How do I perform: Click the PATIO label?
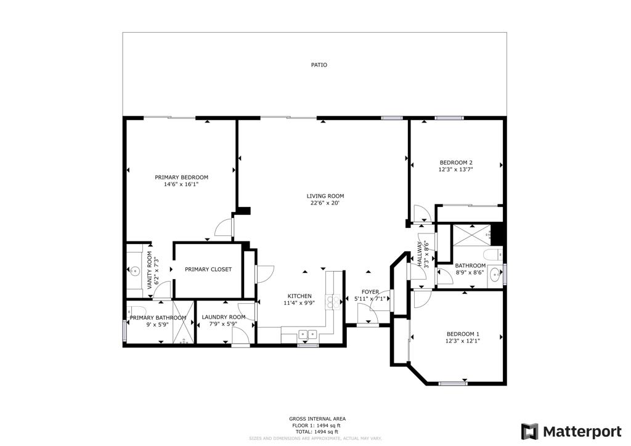click(x=319, y=65)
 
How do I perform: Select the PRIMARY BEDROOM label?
click(x=181, y=177)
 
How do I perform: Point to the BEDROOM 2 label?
click(x=455, y=163)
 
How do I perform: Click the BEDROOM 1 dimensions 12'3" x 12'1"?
click(x=463, y=341)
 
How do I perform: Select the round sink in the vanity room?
click(x=134, y=270)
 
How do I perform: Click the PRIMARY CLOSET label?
click(x=208, y=269)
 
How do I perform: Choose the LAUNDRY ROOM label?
click(x=223, y=317)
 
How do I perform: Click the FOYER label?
click(x=370, y=292)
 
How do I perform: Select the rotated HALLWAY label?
click(x=420, y=253)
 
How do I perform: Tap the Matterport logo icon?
click(x=529, y=431)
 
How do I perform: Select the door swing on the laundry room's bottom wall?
click(x=240, y=336)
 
